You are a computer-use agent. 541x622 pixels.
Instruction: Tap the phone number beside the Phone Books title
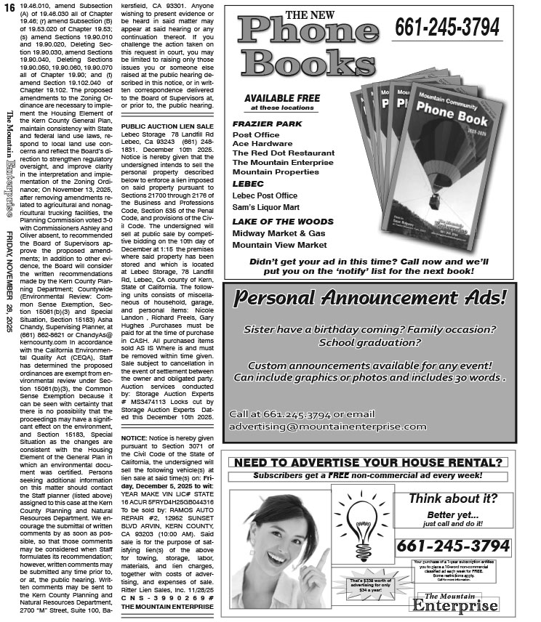pyautogui.click(x=447, y=28)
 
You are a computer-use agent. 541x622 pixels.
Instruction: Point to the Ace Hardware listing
pyautogui.click(x=262, y=144)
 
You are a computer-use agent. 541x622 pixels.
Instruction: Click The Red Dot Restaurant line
pyautogui.click(x=283, y=153)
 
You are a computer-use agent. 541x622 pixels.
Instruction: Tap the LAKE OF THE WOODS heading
pyautogui.click(x=283, y=222)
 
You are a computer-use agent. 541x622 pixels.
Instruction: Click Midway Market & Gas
pyautogui.click(x=278, y=233)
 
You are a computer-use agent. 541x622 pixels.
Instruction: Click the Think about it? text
pyautogui.click(x=452, y=498)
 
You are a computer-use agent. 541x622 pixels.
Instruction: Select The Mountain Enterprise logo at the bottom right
pyautogui.click(x=454, y=603)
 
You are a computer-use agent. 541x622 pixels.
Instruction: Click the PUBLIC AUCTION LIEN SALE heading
pyautogui.click(x=167, y=126)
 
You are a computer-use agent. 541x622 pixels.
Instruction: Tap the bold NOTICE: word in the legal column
pyautogui.click(x=135, y=440)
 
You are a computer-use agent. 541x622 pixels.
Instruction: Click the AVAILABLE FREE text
pyautogui.click(x=282, y=98)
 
